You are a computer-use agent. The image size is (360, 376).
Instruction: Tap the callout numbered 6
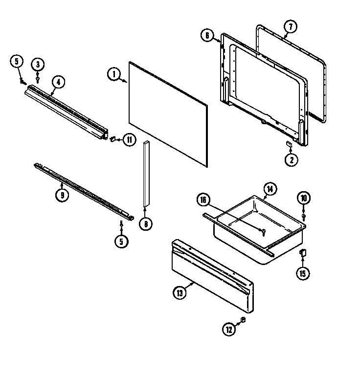click(x=207, y=35)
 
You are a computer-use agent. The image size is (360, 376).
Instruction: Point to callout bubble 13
click(x=180, y=293)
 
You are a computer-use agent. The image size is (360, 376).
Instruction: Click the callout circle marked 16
click(x=204, y=199)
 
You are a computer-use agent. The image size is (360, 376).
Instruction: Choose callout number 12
click(x=229, y=330)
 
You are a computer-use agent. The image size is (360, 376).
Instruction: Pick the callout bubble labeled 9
click(x=62, y=195)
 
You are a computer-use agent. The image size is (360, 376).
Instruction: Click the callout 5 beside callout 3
click(x=17, y=62)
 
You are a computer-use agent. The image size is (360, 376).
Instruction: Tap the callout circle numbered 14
click(x=270, y=189)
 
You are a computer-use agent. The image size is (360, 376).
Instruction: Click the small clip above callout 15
click(x=303, y=252)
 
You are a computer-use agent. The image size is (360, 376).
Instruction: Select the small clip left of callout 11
click(x=113, y=140)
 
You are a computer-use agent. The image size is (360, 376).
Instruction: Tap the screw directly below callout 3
click(x=38, y=77)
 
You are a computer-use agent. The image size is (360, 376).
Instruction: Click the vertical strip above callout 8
click(x=146, y=174)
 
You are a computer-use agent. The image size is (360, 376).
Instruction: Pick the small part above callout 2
click(x=289, y=143)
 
